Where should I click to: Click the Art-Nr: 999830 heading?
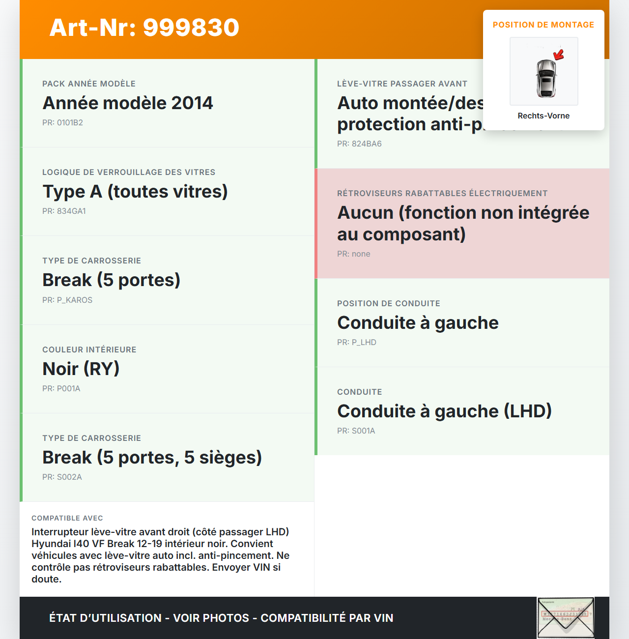(144, 28)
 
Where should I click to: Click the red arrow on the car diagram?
(559, 55)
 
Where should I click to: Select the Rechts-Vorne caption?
(543, 116)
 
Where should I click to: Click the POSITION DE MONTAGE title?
(543, 25)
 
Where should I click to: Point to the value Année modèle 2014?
(128, 103)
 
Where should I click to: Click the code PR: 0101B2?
(62, 123)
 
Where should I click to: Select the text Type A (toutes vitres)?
(135, 192)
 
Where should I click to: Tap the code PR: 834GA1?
(64, 211)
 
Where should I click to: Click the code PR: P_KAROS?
(67, 300)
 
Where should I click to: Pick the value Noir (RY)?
(81, 369)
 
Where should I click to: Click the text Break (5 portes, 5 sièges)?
(152, 458)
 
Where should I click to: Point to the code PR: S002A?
(62, 477)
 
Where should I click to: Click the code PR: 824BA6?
(359, 144)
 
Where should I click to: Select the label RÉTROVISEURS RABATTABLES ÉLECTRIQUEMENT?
(442, 194)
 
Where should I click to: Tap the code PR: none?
(354, 254)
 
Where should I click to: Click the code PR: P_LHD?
(357, 343)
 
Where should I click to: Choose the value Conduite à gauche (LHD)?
(445, 411)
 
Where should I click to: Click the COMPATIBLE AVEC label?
(67, 518)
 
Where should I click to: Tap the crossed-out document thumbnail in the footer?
(566, 617)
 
